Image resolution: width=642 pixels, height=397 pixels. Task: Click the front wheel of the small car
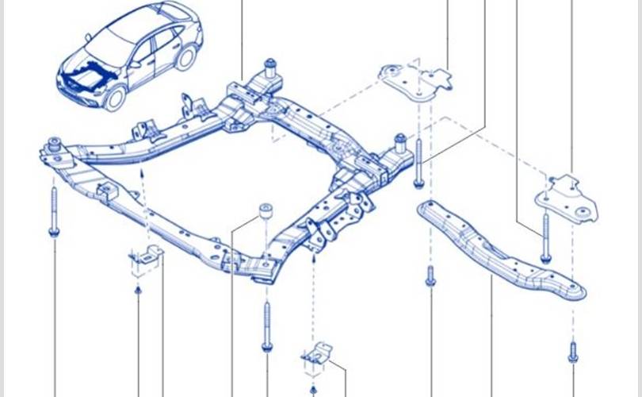point(116,98)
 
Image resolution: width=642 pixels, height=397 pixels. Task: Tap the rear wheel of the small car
point(188,57)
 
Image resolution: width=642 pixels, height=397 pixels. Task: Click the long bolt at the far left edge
point(54,213)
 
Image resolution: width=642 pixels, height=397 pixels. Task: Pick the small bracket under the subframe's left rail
point(143,260)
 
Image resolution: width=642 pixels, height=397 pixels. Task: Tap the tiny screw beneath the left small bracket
point(138,291)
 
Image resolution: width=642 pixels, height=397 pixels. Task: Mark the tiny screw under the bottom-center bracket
point(313,388)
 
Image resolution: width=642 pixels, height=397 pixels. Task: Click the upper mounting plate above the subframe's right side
point(411,79)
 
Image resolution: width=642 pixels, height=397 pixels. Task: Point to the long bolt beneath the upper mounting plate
point(418,162)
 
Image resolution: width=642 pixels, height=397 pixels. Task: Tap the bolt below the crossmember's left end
point(430,276)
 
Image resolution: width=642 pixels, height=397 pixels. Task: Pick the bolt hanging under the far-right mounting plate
point(545,237)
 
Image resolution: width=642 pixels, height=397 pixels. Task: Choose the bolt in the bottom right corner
point(572,351)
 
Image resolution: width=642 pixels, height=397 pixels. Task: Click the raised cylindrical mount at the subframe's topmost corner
point(269,67)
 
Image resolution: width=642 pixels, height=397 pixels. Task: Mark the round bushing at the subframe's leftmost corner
point(55,145)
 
